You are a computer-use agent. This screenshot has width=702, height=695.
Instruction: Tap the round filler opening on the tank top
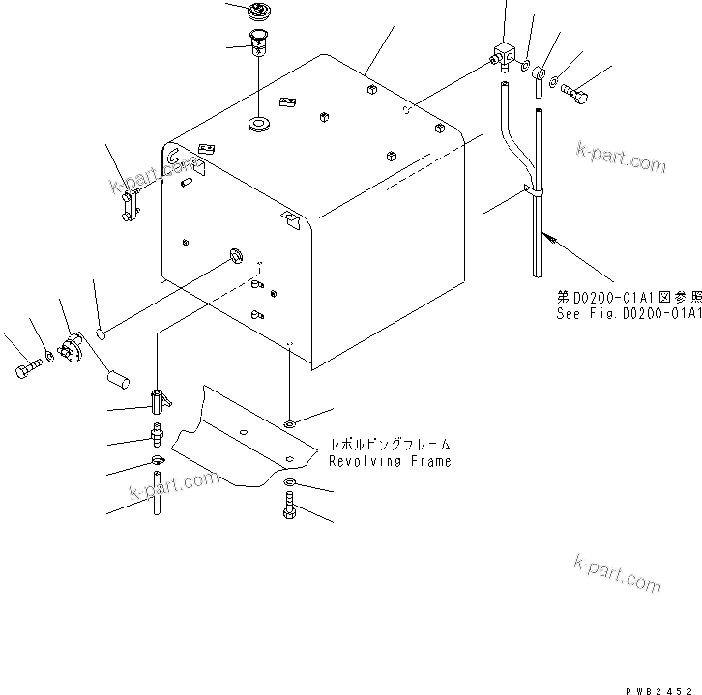coord(258,125)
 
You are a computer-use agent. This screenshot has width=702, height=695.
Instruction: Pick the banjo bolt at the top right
coord(574,96)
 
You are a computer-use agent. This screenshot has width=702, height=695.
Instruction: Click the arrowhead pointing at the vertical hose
coord(547,235)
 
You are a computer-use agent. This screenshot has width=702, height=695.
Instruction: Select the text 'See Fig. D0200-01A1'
coord(628,314)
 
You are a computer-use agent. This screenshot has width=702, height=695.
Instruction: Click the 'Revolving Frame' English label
coord(389,462)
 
